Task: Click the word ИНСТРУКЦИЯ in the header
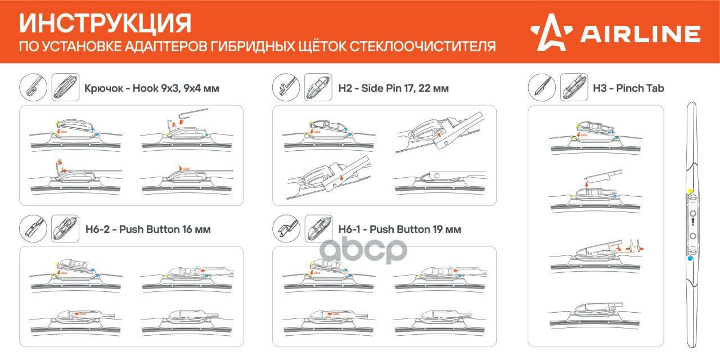(x=105, y=24)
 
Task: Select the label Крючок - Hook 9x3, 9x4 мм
(x=151, y=88)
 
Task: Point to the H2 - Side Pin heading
(x=393, y=88)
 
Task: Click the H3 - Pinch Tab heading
(x=628, y=88)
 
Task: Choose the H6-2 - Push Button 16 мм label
(x=148, y=229)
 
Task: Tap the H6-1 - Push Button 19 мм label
(x=399, y=229)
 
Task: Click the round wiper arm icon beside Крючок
(x=34, y=88)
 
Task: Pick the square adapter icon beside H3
(x=574, y=88)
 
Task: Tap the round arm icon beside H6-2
(x=34, y=229)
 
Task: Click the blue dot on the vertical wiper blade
(x=690, y=259)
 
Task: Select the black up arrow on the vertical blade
(x=691, y=223)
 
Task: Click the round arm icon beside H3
(x=542, y=88)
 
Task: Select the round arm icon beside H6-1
(x=287, y=229)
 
